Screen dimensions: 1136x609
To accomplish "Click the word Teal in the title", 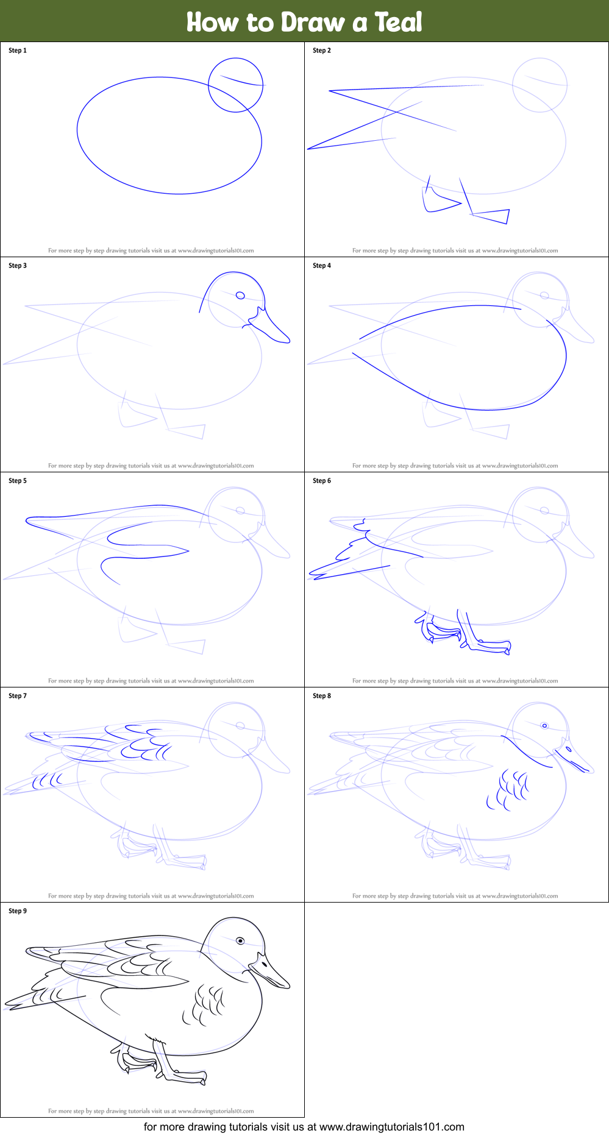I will click(x=398, y=22).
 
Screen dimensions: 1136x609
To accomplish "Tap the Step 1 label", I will click(x=18, y=51).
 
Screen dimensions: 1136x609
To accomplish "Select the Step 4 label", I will click(x=322, y=266).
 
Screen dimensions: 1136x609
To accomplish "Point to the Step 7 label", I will click(x=18, y=696).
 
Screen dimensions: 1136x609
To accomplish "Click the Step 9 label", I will click(x=18, y=911).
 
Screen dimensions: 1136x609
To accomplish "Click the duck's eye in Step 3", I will click(x=240, y=296).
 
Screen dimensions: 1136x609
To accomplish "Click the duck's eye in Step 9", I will click(x=240, y=941).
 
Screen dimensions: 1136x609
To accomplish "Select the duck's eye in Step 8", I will click(x=544, y=725).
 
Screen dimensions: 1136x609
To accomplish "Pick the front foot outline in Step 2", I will click(x=491, y=216).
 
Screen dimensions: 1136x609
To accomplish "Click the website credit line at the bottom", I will click(x=304, y=1127).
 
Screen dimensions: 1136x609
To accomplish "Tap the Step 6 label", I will click(x=322, y=481).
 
